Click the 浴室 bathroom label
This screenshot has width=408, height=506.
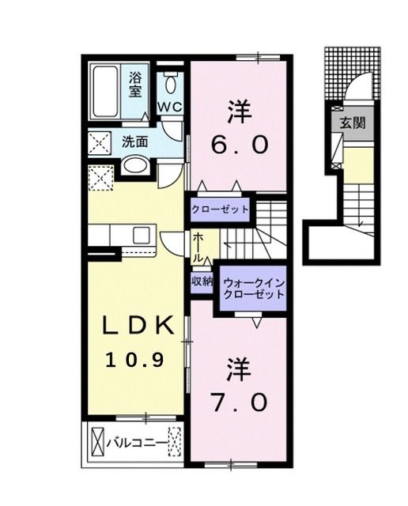pos(135,84)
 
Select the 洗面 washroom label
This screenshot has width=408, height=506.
pos(134,142)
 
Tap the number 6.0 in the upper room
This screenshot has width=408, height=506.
pos(241,145)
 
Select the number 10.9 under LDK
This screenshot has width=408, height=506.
pos(135,360)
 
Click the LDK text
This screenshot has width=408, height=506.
pos(135,326)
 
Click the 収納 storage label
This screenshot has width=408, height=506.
pos(201,281)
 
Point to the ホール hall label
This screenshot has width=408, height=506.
pos(195,247)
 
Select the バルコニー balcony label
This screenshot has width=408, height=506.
pos(137,443)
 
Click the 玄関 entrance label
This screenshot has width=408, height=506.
pos(353,123)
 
